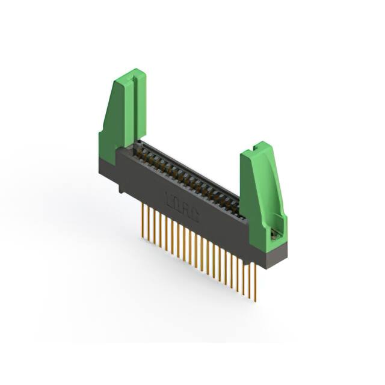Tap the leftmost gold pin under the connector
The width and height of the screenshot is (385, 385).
click(143, 217)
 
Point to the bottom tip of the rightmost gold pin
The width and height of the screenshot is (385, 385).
click(255, 300)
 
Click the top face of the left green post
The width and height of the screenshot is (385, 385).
click(131, 76)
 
